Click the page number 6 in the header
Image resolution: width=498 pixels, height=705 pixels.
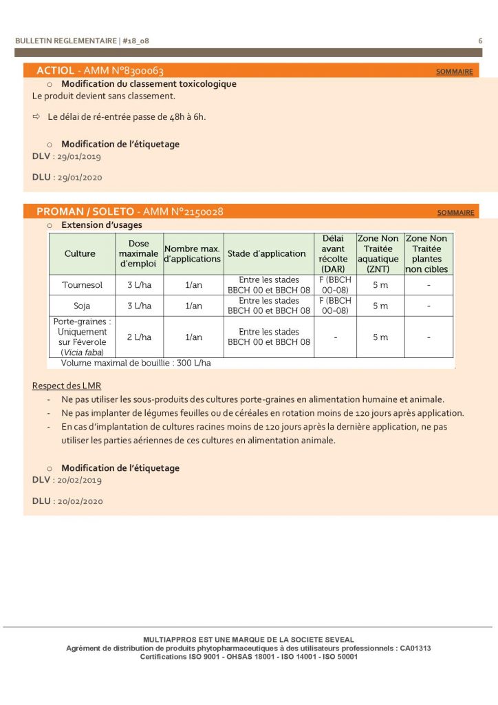coord(480,41)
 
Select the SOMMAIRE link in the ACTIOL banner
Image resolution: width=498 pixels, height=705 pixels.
coord(455,72)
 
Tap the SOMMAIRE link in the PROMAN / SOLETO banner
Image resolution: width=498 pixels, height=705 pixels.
coord(455,213)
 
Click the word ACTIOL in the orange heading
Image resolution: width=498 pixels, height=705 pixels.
coord(55,71)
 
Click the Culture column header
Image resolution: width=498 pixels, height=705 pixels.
coord(80,254)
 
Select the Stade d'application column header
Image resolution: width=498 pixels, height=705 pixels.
coord(267,254)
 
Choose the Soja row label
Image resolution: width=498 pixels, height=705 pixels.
coord(82,306)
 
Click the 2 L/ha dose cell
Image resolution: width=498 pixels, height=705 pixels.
coord(139,337)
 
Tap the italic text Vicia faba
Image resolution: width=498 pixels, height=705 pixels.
coord(84,352)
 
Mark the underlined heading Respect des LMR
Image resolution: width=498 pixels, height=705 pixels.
coord(67,386)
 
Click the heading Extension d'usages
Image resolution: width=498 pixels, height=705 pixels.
coord(102,225)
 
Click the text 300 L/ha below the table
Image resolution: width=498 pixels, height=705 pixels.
coord(193,363)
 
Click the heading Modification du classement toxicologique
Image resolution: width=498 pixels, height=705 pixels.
coord(149,84)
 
